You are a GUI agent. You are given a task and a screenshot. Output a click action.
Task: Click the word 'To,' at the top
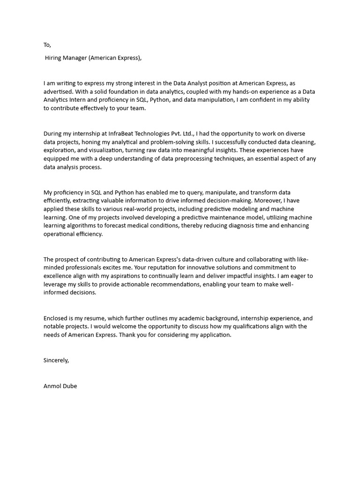point(47,45)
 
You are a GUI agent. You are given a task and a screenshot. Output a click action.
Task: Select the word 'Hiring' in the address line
point(54,58)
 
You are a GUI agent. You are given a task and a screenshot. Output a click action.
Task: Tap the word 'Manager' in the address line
point(76,58)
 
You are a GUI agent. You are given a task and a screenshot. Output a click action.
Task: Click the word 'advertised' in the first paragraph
point(58,91)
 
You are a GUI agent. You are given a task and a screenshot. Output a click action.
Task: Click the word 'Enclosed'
point(56,318)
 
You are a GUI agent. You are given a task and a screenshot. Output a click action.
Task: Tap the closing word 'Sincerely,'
point(56,360)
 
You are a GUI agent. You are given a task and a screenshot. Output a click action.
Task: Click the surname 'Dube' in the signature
point(69,386)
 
